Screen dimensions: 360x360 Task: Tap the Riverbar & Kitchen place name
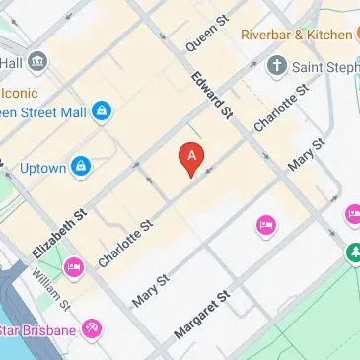294,36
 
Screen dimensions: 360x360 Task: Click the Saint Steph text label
325,68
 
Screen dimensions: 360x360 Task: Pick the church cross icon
277,67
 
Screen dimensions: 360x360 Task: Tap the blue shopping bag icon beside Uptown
81,165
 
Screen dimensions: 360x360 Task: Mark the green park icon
353,253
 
